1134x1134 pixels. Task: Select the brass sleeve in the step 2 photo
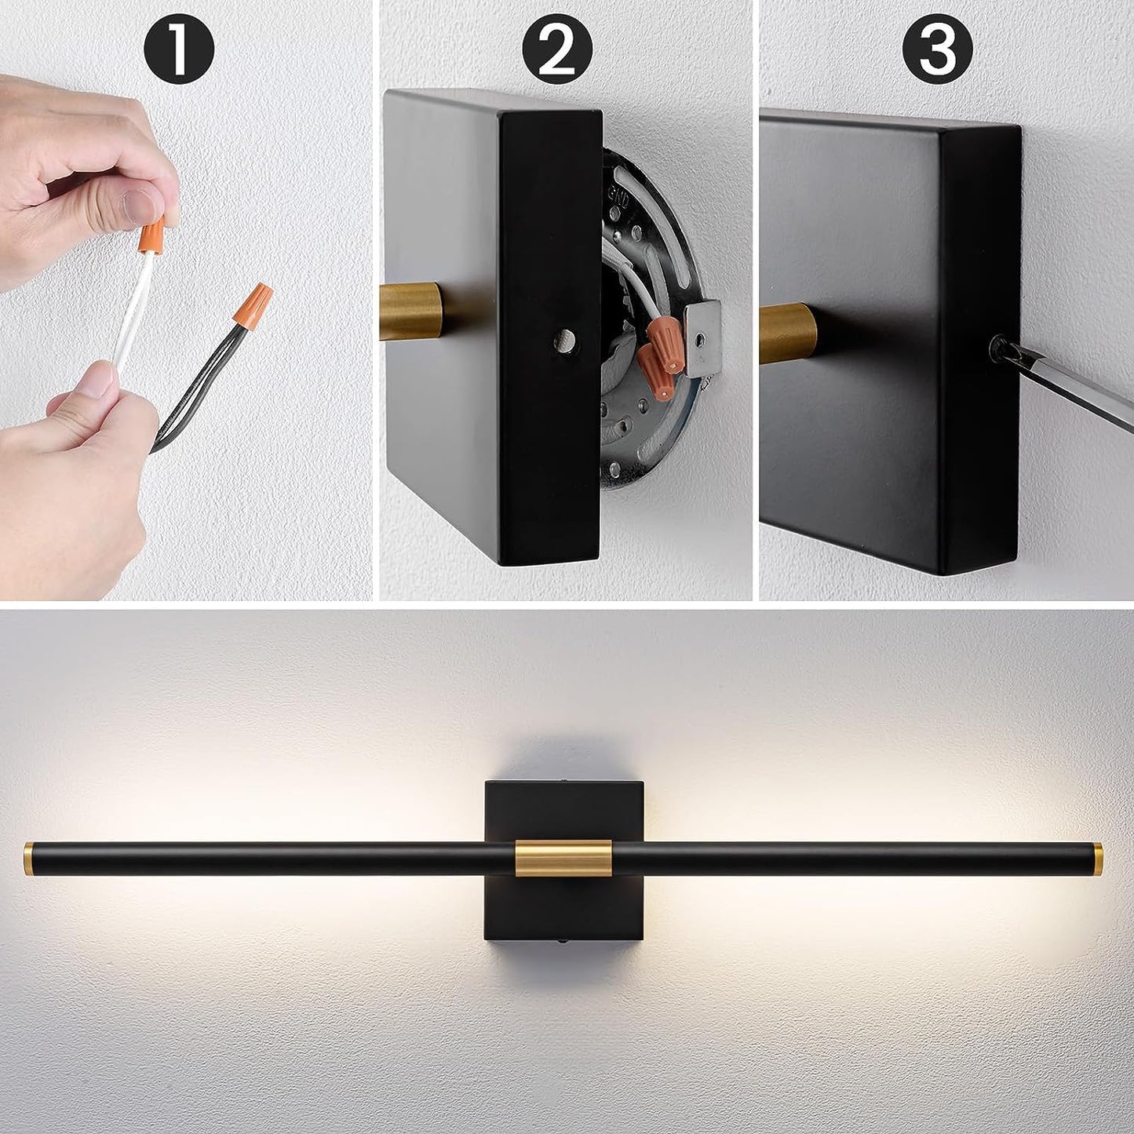(x=410, y=311)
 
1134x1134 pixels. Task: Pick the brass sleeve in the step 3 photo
(x=787, y=333)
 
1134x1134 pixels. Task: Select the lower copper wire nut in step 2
(x=655, y=373)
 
